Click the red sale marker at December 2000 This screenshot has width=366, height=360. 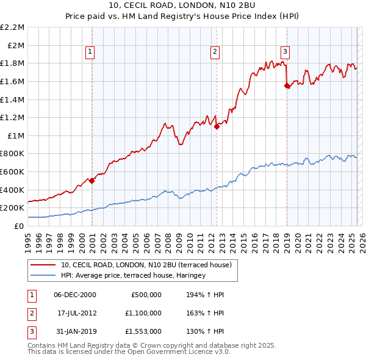coord(91,181)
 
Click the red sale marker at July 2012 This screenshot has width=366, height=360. coord(217,126)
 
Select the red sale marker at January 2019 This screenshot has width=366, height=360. coord(287,86)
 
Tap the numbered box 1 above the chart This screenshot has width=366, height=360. coord(90,52)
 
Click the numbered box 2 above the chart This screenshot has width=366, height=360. coord(215,52)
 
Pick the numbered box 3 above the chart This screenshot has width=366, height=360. coord(285,52)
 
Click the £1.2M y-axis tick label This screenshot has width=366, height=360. coord(13,117)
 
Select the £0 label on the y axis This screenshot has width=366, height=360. coord(18,226)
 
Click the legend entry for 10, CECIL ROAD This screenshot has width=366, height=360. coord(146,265)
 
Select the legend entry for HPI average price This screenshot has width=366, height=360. coord(133,276)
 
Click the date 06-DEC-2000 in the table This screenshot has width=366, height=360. coord(75,295)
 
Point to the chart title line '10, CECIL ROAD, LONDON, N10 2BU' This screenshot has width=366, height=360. coord(183,6)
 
